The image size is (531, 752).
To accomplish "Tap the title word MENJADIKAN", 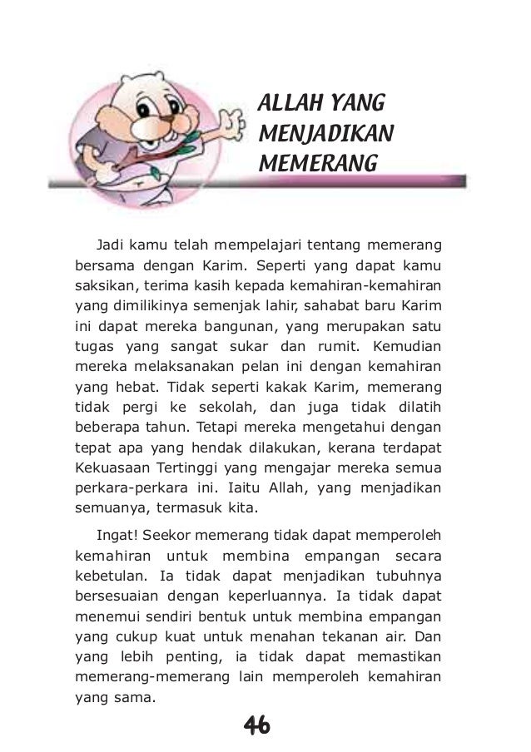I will pyautogui.click(x=326, y=132).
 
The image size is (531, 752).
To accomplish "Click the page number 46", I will pyautogui.click(x=257, y=726).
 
